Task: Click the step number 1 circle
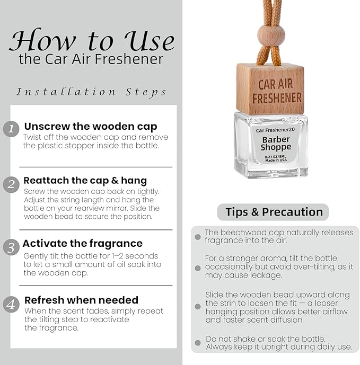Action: tap(11, 129)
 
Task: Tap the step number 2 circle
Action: tap(11, 185)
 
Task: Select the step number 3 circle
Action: tap(11, 247)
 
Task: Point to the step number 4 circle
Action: tap(11, 305)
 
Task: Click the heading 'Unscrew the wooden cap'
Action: tap(91, 127)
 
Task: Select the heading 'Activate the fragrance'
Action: tap(83, 244)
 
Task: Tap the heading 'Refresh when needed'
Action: tap(81, 300)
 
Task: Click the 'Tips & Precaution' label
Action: tap(274, 212)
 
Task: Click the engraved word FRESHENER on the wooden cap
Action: tap(277, 98)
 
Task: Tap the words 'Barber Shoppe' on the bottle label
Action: tap(276, 144)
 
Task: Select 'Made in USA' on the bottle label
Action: tap(276, 161)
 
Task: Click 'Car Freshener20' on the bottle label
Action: tap(275, 130)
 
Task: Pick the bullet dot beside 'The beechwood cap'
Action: tap(198, 237)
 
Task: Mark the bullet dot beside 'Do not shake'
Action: tap(198, 343)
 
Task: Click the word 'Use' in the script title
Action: tap(149, 41)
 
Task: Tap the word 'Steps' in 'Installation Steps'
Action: tap(146, 92)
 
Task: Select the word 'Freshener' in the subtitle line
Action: tap(129, 59)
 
